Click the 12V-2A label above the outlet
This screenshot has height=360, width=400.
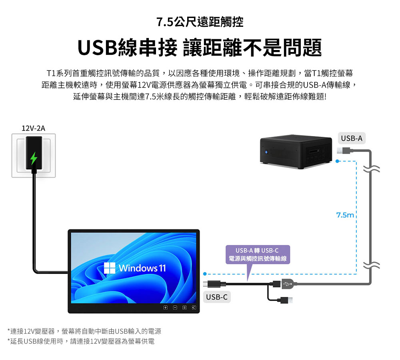pyautogui.click(x=34, y=128)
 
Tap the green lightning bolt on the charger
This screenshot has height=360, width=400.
pyautogui.click(x=34, y=158)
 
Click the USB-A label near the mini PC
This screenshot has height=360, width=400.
pyautogui.click(x=352, y=138)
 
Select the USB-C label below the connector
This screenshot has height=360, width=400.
pyautogui.click(x=217, y=297)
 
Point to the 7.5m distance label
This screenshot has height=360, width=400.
pyautogui.click(x=345, y=215)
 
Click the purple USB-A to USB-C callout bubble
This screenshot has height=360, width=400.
pyautogui.click(x=258, y=255)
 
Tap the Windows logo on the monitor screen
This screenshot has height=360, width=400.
pyautogui.click(x=110, y=268)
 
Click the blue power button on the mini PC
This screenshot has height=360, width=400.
pyautogui.click(x=266, y=152)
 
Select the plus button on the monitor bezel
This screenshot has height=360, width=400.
pyautogui.click(x=166, y=308)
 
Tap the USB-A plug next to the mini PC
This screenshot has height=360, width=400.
pyautogui.click(x=343, y=151)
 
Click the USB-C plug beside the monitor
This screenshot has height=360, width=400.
pyautogui.click(x=214, y=284)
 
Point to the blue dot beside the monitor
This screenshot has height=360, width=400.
pyautogui.click(x=205, y=274)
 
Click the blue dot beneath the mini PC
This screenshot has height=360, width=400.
pyautogui.click(x=338, y=161)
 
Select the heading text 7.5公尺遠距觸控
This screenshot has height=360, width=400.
pyautogui.click(x=200, y=22)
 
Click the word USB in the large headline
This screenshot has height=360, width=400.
pyautogui.click(x=98, y=48)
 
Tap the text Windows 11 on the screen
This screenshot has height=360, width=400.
pyautogui.click(x=142, y=268)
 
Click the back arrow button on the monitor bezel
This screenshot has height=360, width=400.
pyautogui.click(x=194, y=308)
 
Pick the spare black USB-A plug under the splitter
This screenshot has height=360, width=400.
pyautogui.click(x=286, y=300)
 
